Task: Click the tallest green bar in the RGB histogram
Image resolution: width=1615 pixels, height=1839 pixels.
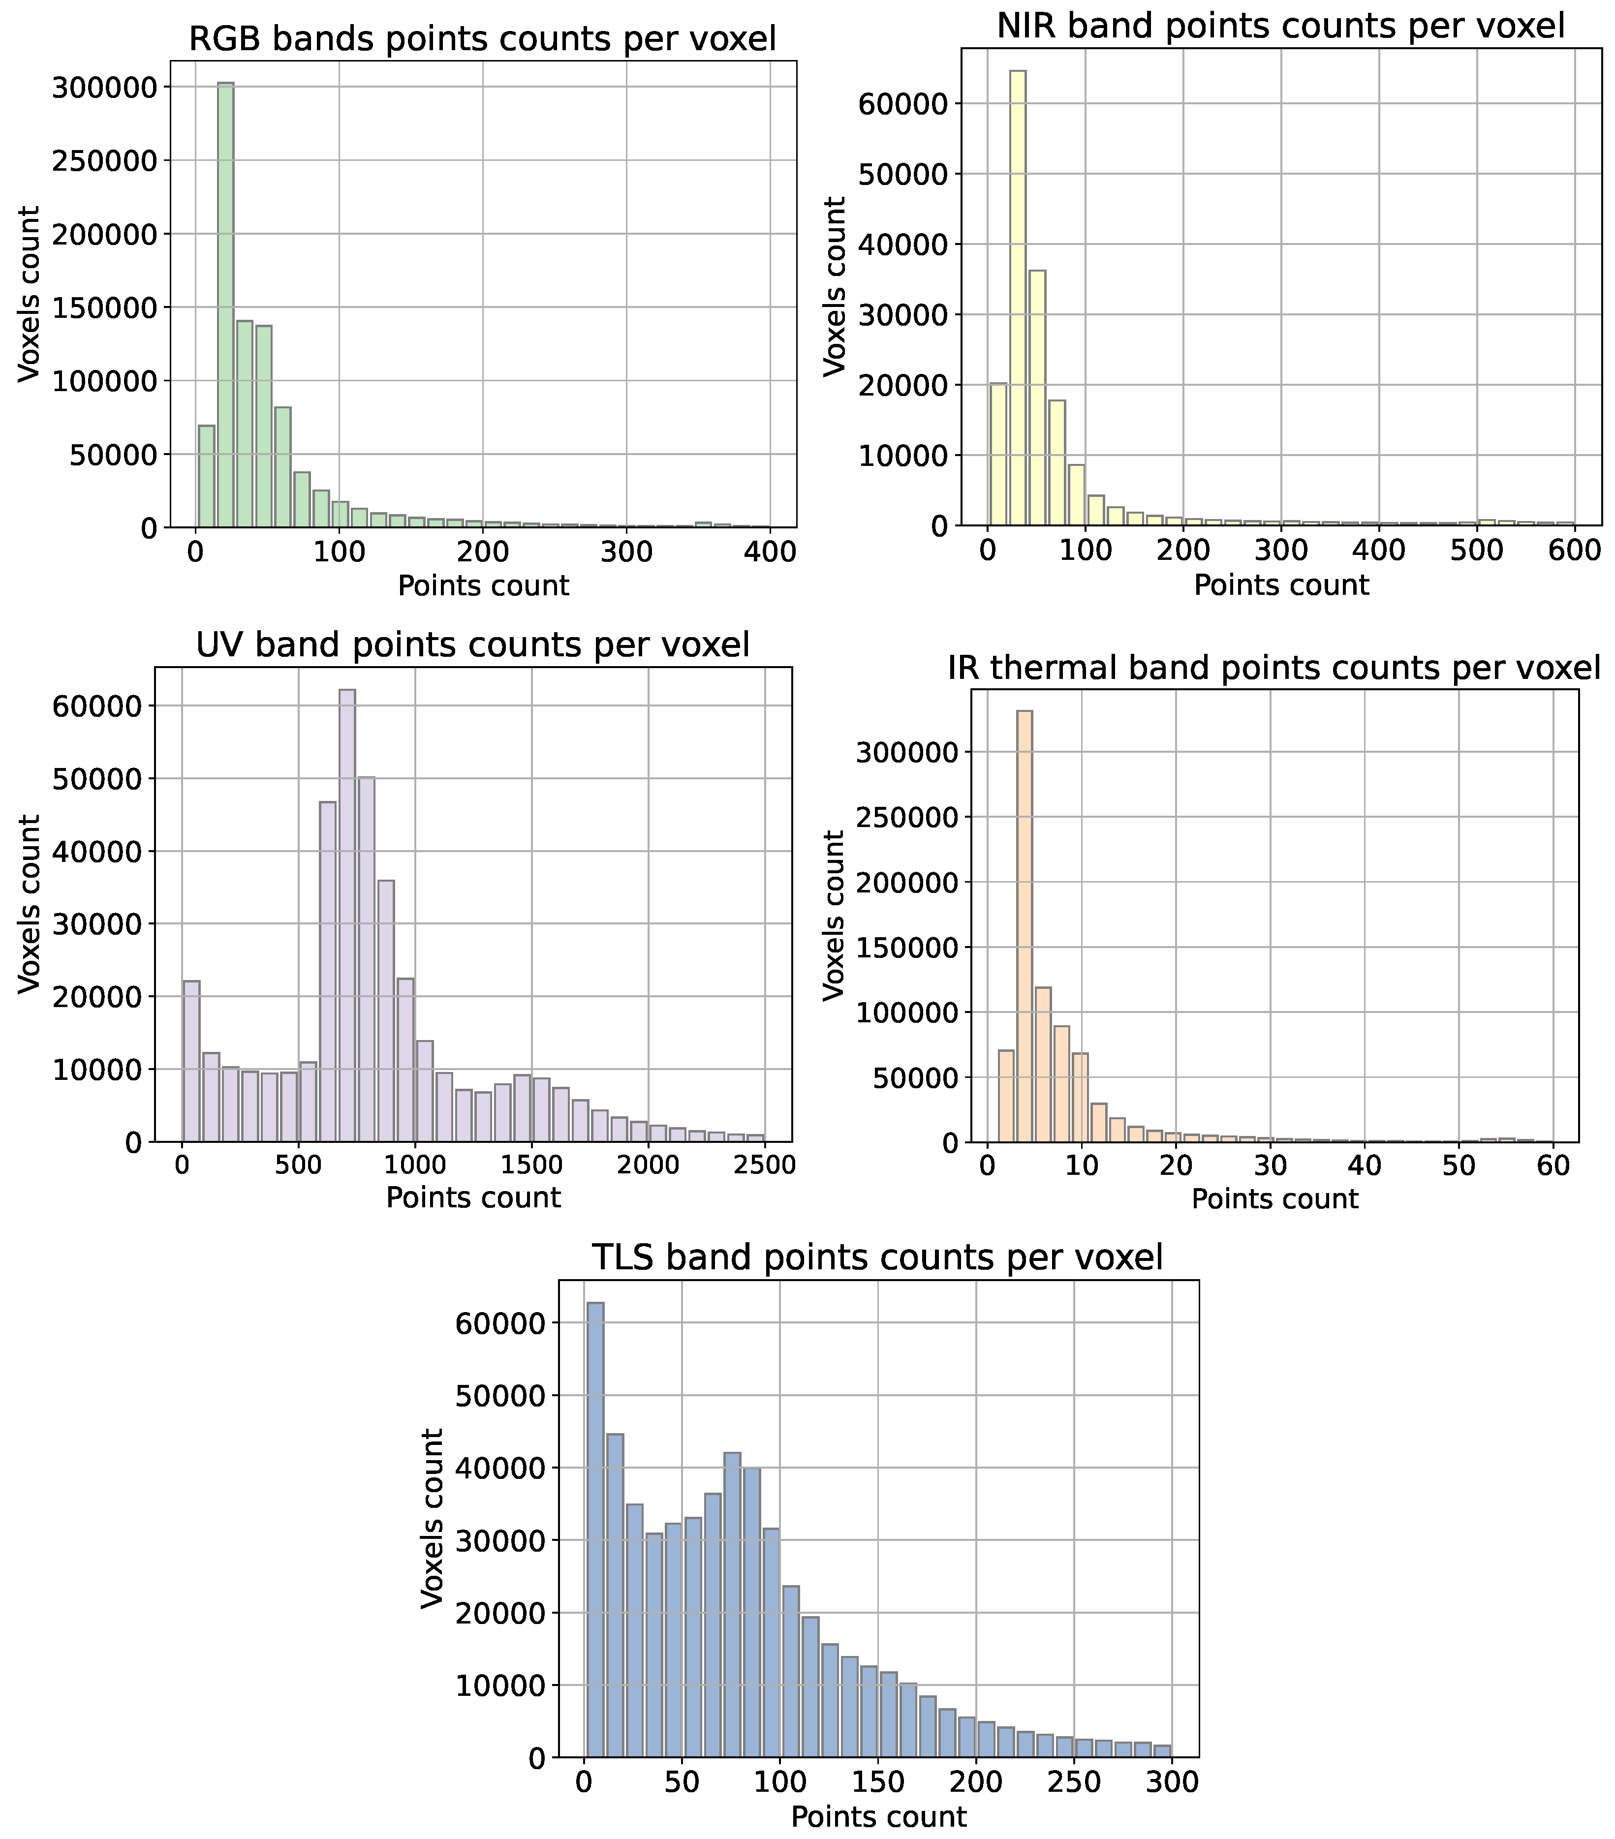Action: click(226, 306)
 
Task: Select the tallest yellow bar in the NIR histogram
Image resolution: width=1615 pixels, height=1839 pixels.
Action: click(1018, 297)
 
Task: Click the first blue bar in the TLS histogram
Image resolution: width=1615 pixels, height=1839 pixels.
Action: click(595, 1530)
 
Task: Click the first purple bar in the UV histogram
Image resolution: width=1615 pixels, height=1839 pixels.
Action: click(191, 1062)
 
